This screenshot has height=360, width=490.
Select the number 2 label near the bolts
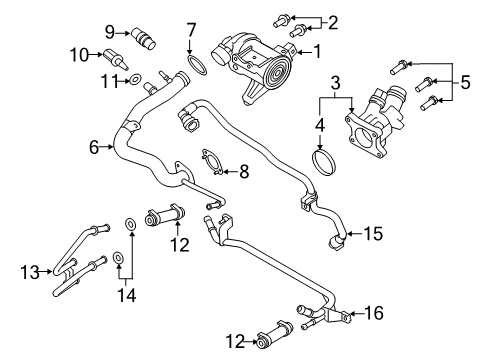pos(334,22)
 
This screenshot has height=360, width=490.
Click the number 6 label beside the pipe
pos(93,147)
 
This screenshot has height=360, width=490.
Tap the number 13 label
pos(29,270)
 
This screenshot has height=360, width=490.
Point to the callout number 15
pos(372,234)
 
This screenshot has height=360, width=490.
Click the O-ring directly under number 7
pos(198,67)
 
